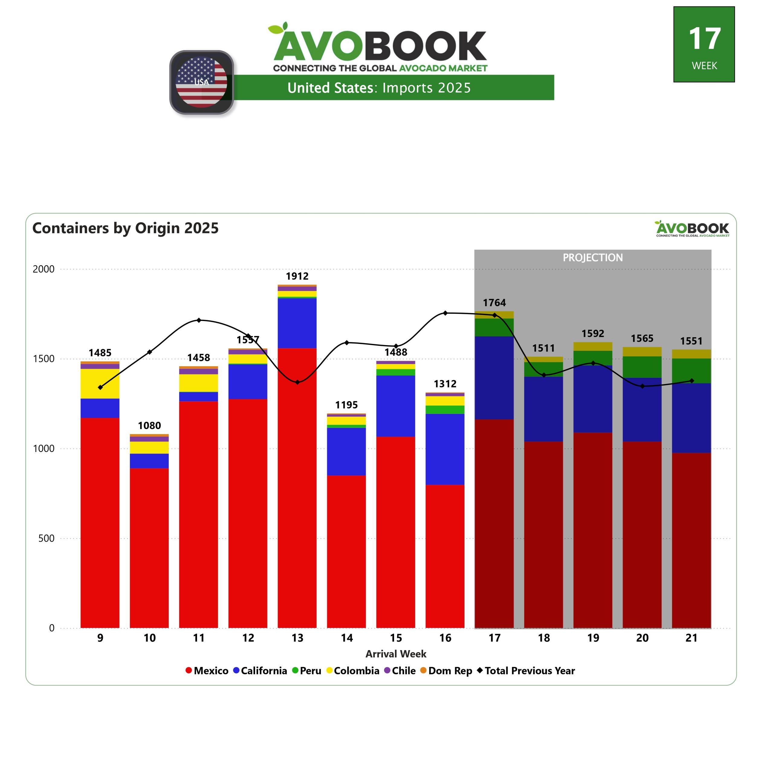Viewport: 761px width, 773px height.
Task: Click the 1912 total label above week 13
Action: coord(297,276)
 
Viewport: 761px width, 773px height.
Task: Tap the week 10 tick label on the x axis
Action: coord(150,638)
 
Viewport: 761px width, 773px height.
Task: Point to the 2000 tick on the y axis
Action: coord(44,269)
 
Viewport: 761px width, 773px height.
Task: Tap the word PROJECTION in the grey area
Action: coord(592,258)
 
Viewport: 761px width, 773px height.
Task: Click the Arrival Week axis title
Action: coord(396,654)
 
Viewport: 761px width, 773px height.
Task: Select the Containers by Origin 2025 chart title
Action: coord(125,228)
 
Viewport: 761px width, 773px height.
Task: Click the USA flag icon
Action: coord(202,82)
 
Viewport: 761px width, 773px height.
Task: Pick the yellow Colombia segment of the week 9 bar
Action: coord(100,383)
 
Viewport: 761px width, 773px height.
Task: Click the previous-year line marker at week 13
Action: coord(297,382)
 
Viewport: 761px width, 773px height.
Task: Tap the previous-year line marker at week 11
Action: coord(199,320)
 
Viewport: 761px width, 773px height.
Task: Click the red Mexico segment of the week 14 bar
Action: coord(346,551)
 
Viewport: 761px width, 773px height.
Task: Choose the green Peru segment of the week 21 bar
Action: coord(691,370)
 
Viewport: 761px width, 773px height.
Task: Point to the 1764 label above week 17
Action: coord(494,303)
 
